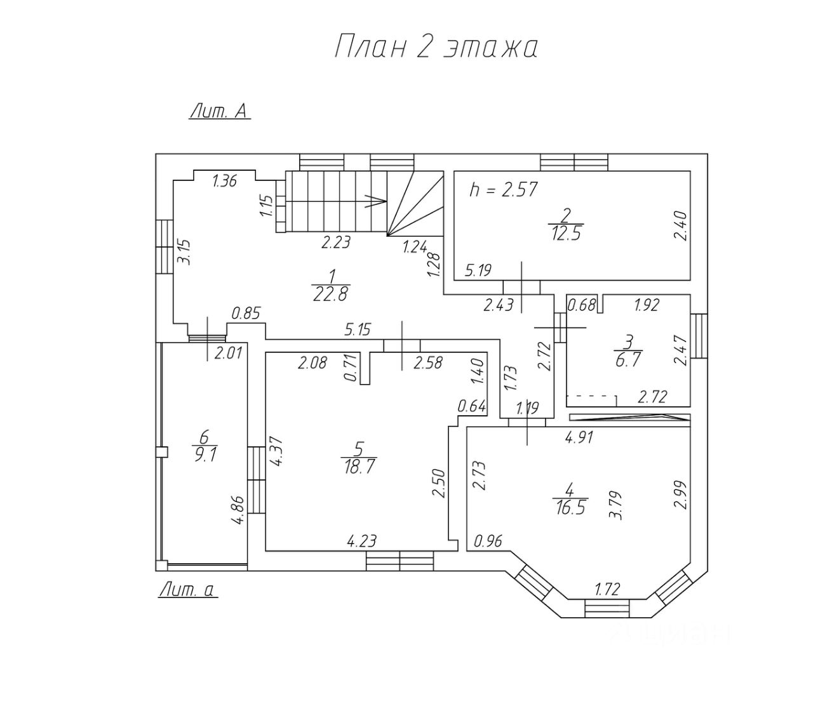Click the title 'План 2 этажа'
pos(436,48)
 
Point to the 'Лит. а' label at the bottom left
pos(188,590)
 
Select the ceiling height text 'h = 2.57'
pos(503,189)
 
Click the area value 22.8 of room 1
pos(330,293)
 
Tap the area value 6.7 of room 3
pos(628,359)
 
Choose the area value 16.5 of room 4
pos(570,507)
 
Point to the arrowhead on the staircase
pos(380,201)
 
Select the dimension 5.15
pos(357,330)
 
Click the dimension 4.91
pos(579,437)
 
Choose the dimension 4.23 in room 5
pos(361,541)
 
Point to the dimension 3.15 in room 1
pos(184,251)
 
